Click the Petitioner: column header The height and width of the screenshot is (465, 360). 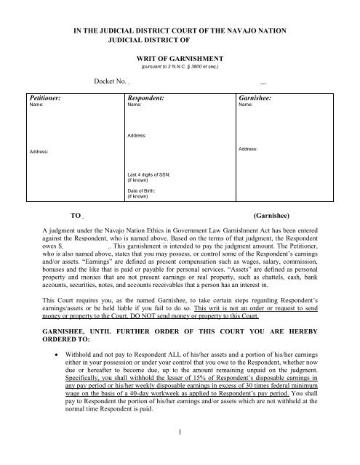point(46,96)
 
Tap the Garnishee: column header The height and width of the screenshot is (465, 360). point(257,96)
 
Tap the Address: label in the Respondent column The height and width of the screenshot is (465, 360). point(137,136)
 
